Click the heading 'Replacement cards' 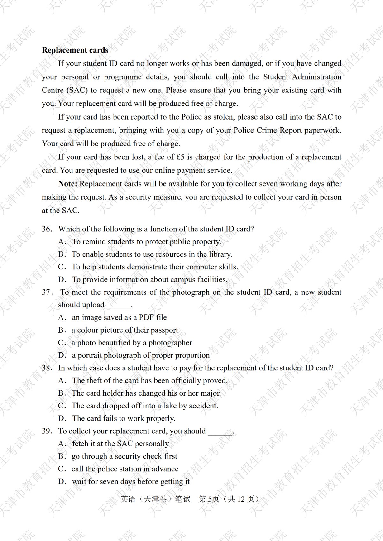75,50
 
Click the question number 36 46,229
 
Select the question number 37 46,292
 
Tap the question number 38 46,368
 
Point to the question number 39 46,431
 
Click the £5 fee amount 180,157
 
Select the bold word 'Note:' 68,184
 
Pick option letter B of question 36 62,254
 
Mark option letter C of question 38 62,406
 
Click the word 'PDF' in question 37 146,317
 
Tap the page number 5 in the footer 209,499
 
